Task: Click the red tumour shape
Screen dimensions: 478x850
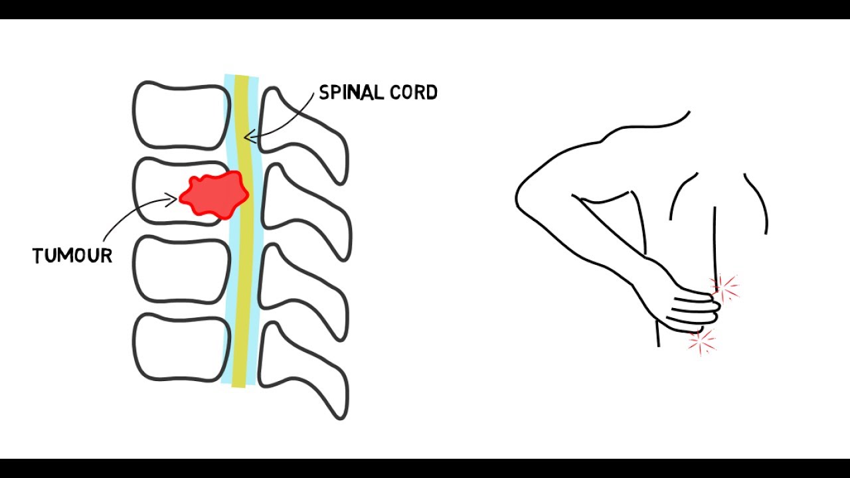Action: [x=214, y=194]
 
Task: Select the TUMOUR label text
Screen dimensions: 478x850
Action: [x=72, y=256]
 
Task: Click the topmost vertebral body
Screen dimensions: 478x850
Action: [x=178, y=115]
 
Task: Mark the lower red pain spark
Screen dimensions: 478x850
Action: [x=701, y=342]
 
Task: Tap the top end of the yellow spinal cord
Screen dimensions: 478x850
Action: [x=241, y=78]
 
